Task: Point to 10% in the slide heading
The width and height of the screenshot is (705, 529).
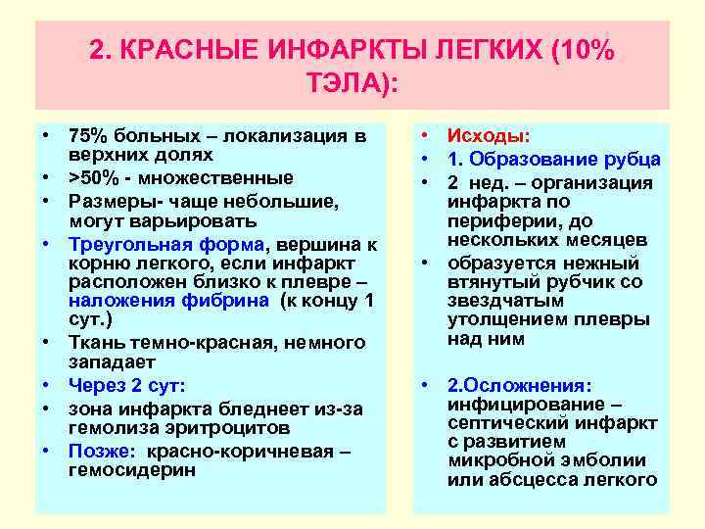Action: [586, 51]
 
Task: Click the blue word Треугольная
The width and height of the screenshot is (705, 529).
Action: [124, 242]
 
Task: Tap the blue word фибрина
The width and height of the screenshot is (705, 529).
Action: [228, 301]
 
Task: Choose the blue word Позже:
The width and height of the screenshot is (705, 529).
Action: [103, 451]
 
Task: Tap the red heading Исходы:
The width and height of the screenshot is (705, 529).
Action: [489, 137]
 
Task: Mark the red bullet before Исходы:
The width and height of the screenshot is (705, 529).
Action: [425, 137]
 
